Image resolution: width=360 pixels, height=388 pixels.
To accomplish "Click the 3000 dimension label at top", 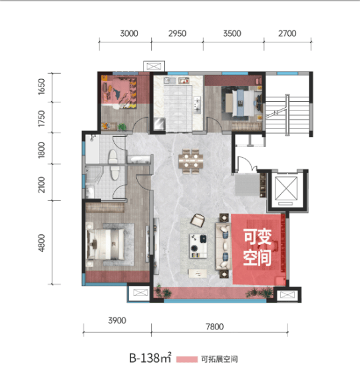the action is pos(129,33).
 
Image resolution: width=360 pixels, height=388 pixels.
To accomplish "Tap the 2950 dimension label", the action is pos(177,33).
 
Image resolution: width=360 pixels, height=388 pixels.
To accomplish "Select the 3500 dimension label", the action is pos(232,33).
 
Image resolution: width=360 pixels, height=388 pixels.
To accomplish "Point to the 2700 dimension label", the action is pos(287,33).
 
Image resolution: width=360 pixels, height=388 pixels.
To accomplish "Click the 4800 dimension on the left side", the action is pos(41,243).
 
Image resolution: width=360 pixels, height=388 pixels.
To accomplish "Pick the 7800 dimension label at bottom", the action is pos(215,327).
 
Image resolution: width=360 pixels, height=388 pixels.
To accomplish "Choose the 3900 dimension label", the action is pos(117,321).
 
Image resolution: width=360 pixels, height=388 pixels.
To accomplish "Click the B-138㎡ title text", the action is pos(150,358).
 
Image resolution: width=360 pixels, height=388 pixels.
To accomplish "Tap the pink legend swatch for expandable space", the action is pos(187,359).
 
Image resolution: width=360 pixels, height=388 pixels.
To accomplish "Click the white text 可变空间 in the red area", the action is pos(258,247).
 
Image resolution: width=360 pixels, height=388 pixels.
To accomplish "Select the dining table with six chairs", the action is pos(191,161).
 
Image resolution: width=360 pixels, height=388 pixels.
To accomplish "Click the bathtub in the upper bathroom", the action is pos(92,149).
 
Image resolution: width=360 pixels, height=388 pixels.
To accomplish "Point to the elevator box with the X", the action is pos(286,189).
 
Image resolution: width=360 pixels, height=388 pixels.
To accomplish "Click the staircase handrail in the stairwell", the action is pos(287,114).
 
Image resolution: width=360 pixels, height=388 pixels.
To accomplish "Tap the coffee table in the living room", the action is pos(198,246).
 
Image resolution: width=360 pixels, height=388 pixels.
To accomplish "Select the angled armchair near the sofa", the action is pos(198,220).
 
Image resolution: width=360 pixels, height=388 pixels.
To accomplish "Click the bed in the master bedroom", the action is pos(105,244).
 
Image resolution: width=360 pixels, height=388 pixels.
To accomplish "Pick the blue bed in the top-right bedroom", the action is pos(240,103).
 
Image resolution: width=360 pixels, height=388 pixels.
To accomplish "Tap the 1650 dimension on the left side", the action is pos(41,87).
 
